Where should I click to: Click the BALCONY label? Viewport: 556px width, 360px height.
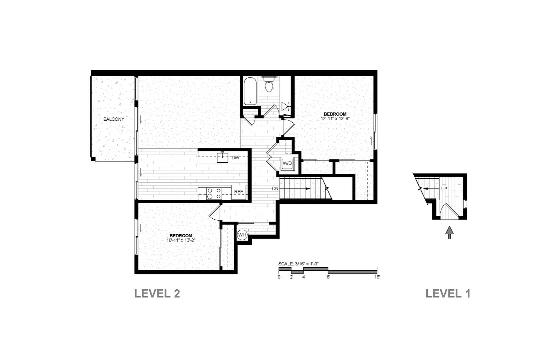[114, 119]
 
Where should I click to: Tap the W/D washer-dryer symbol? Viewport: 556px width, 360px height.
[287, 163]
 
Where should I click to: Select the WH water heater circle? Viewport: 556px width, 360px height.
[242, 235]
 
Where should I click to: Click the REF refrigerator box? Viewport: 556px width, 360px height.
[239, 192]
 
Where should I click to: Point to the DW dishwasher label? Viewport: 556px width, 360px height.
[235, 158]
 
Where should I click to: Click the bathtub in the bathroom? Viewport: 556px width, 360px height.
[250, 91]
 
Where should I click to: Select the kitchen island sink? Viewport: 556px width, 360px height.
[223, 157]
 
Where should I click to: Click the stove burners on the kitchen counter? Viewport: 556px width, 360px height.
[214, 194]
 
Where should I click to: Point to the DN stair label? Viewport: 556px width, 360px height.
[275, 189]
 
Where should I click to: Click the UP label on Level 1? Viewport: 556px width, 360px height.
[444, 189]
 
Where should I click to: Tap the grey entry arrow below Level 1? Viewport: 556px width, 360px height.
[449, 233]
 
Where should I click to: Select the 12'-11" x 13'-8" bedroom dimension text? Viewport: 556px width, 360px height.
[335, 119]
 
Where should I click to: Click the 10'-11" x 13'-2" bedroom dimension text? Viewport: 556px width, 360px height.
[181, 240]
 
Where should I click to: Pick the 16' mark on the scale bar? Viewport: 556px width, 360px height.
[377, 277]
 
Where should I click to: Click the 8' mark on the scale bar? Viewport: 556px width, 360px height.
[328, 277]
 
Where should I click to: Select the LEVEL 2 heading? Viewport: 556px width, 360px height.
[157, 294]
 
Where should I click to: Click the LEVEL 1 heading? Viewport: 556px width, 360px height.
[448, 294]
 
